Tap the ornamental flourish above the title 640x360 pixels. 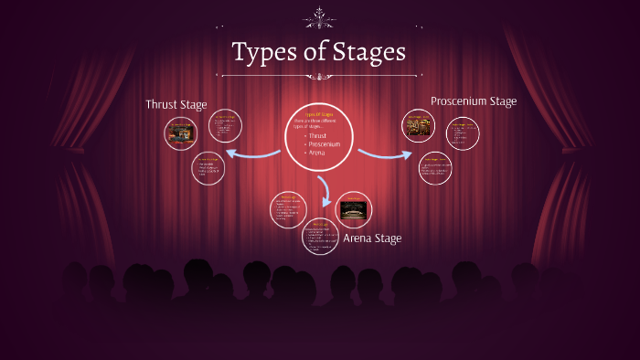(319, 16)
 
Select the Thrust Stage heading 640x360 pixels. (176, 104)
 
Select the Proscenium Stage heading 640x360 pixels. (474, 101)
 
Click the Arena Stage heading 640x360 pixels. (372, 238)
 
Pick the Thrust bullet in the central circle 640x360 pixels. (316, 135)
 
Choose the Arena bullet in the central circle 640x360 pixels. (315, 154)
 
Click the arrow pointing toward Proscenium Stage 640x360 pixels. (384, 153)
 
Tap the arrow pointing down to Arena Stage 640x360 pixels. (324, 189)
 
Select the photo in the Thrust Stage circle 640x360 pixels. (180, 133)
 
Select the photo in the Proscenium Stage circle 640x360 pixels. (420, 124)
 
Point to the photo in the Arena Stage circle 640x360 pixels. (353, 209)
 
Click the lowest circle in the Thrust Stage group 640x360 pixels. (208, 168)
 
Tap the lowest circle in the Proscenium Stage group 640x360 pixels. (435, 168)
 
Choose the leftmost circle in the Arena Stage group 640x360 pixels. (288, 209)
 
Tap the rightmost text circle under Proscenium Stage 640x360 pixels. (463, 133)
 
